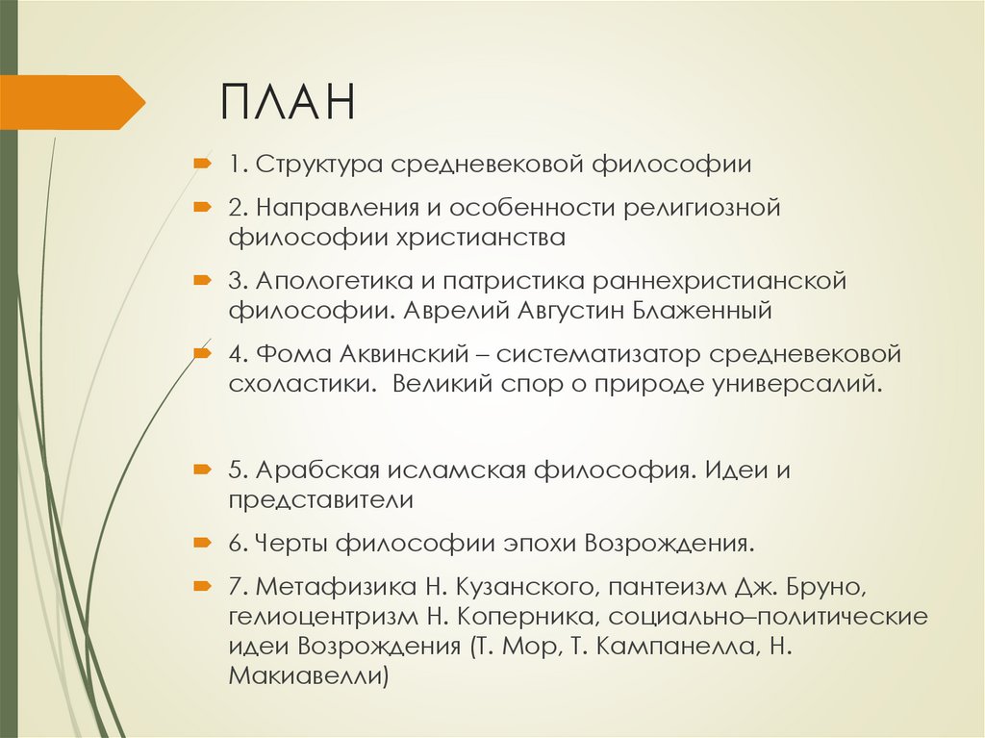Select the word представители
click(321, 500)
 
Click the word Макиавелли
click(309, 675)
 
